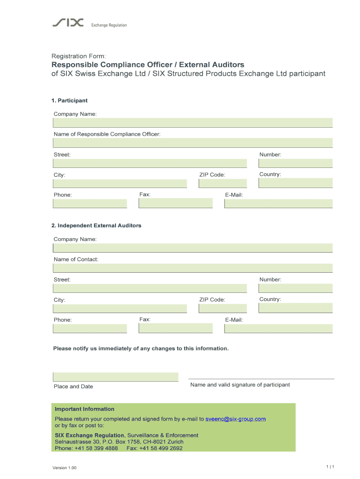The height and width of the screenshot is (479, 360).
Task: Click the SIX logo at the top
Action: coord(68,22)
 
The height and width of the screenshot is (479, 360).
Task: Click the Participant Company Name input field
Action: coord(193,123)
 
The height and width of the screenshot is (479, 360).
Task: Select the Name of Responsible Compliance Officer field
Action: coord(193,143)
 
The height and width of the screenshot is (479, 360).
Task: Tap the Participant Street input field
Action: coord(150,163)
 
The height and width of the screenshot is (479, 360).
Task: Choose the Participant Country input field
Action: coord(295,183)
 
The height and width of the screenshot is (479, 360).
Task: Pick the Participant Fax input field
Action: coord(176,203)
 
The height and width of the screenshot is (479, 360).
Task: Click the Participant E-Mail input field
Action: coord(279,203)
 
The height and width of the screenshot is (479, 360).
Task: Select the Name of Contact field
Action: coord(193,268)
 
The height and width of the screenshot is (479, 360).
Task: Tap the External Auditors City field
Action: coord(120,308)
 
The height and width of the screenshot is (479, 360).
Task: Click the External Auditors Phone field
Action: coord(90,328)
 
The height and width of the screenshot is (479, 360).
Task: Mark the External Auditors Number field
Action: coord(295,288)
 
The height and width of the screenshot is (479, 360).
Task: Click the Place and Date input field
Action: coord(115,377)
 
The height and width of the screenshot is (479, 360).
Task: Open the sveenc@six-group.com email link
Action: coord(236,419)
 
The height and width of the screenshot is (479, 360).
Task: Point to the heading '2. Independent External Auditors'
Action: coord(96,225)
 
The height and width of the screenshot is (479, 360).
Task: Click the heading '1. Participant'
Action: coord(70,101)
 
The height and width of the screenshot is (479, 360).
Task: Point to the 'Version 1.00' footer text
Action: coord(65,468)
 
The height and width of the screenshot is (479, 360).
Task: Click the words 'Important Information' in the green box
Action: coord(85,409)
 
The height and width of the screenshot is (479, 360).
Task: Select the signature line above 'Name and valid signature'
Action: coord(261,378)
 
